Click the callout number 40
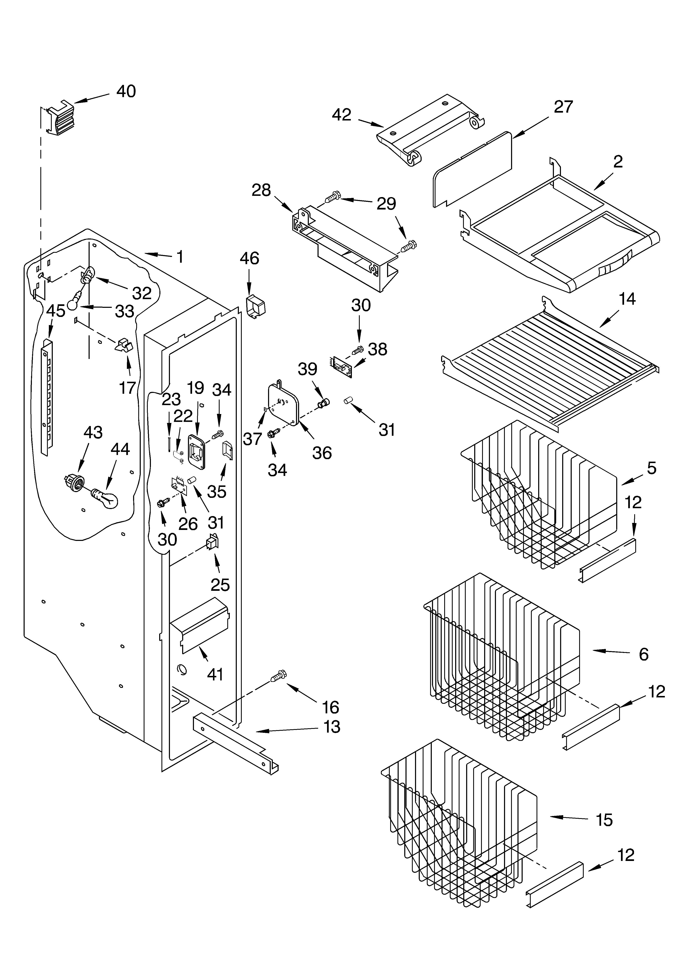(x=126, y=91)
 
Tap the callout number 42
(x=342, y=115)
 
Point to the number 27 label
(x=563, y=107)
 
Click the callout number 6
(x=643, y=654)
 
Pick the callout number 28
(x=261, y=190)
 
